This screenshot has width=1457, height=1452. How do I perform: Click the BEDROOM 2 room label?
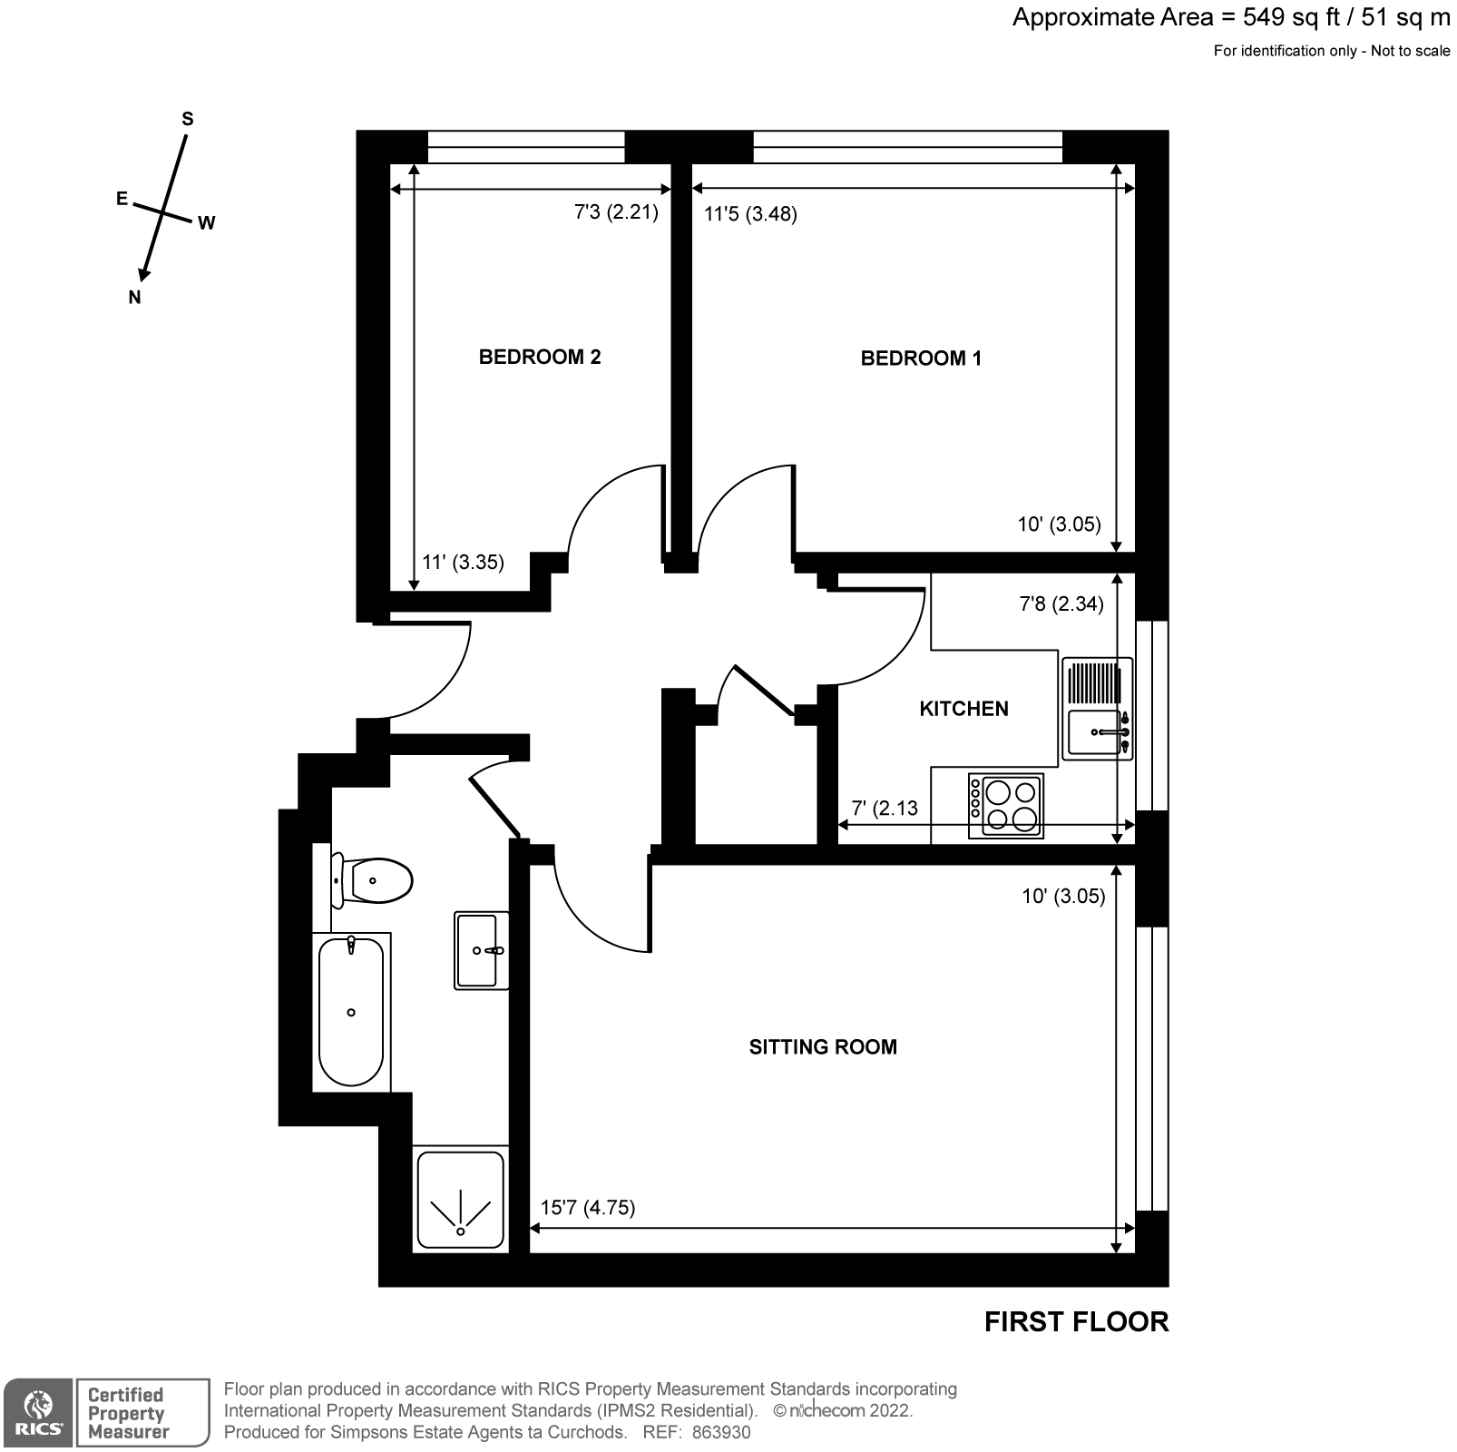click(539, 357)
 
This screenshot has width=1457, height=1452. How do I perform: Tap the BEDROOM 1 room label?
click(920, 358)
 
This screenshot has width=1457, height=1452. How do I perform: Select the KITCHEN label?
click(963, 709)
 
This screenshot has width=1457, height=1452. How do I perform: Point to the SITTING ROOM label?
click(822, 1046)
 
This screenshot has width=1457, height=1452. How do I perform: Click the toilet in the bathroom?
click(373, 880)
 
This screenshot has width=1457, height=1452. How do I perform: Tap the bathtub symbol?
click(351, 1011)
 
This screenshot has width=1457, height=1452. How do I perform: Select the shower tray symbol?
click(460, 1199)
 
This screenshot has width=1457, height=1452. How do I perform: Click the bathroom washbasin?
click(480, 950)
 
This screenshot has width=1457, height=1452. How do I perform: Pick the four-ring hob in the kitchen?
click(1006, 805)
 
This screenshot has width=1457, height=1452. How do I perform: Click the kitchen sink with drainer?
click(1097, 709)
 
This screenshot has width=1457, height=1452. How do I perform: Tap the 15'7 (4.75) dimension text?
click(587, 1207)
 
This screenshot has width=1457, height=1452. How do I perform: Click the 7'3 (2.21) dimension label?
click(616, 212)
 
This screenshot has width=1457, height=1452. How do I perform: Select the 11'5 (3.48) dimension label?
click(750, 214)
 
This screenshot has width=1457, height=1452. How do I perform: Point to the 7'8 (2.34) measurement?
click(1061, 603)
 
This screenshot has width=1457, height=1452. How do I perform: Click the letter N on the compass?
click(134, 297)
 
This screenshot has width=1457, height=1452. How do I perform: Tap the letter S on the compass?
click(188, 119)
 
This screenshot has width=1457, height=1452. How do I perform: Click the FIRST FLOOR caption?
click(1076, 1321)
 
